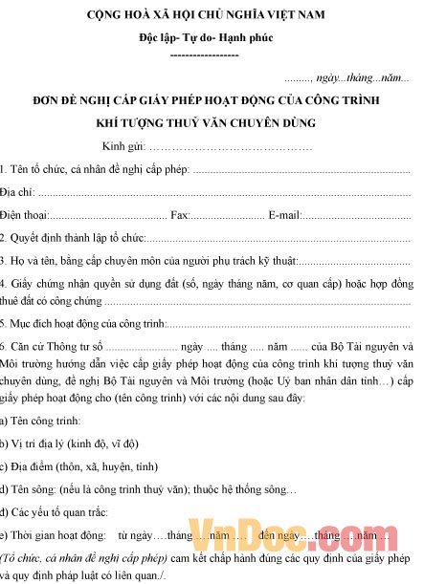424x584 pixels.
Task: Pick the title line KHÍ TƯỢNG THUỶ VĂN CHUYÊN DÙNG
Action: [206, 123]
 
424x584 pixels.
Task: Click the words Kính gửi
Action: [123, 146]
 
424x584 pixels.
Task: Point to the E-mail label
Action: [285, 215]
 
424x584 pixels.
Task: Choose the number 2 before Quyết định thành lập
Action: [3, 237]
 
